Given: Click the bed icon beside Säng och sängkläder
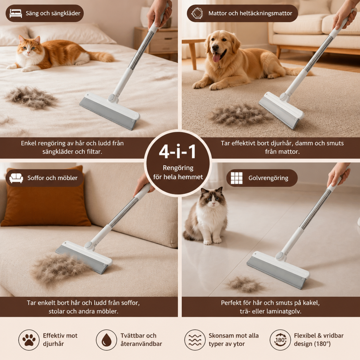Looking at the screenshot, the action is pos(15,13).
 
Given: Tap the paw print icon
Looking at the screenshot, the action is pos(29,340).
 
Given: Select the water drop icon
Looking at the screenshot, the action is pos(106,340).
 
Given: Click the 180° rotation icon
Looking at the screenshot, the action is pos(280,340).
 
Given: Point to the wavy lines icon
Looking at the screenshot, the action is pos(195,340).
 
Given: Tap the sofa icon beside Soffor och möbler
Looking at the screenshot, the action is pos(16,178).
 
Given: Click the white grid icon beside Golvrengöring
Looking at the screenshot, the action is pos(237,178).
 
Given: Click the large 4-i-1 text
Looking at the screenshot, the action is pos(178,152).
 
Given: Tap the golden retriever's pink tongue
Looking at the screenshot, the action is pos(216,57).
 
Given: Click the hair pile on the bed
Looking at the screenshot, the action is pos(31,97).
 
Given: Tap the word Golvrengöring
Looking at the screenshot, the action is pos(268,178).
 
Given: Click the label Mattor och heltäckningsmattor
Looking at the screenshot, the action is pos(250,13).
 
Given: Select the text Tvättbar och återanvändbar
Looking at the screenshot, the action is pos(141,340).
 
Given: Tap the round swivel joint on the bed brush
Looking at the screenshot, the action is pos(112,98).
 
